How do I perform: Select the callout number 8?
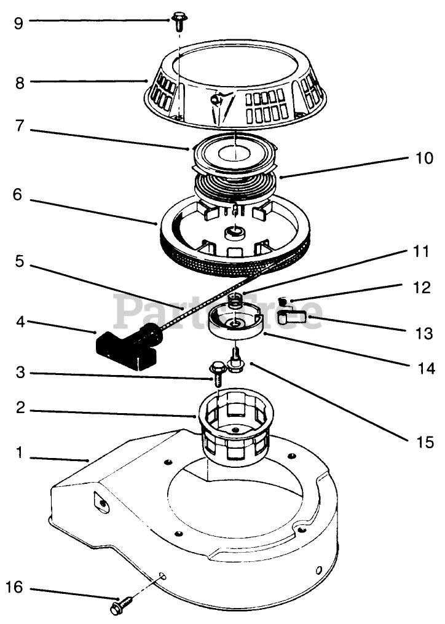(x=20, y=82)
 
